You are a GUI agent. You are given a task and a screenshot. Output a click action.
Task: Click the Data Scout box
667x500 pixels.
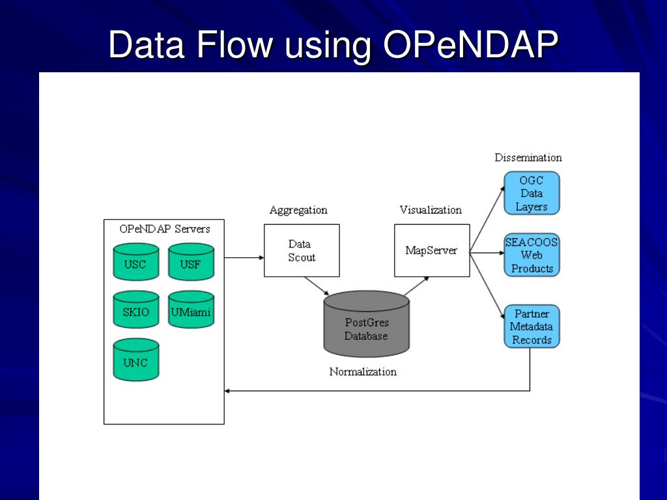(x=302, y=251)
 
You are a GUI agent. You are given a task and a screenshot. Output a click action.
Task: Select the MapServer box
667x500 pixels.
(x=431, y=251)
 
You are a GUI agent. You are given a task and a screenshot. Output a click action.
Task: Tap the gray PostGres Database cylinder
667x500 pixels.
(x=366, y=325)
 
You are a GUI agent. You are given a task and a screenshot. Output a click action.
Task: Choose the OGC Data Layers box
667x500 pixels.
(x=532, y=193)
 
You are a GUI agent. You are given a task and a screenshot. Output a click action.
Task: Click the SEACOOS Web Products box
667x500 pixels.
(x=532, y=255)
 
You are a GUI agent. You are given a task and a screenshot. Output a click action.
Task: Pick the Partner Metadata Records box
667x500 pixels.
(x=532, y=327)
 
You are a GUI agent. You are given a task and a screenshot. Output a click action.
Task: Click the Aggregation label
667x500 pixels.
(x=298, y=210)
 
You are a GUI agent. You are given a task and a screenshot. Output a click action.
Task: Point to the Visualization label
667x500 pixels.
(x=431, y=210)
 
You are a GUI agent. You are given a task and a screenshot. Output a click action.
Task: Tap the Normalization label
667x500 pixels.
(x=363, y=372)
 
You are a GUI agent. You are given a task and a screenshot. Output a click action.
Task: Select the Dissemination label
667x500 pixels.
(x=528, y=158)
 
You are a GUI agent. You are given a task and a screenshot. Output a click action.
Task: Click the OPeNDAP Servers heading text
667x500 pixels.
(x=165, y=229)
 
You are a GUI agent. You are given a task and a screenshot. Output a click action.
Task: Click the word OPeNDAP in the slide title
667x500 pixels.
(x=470, y=46)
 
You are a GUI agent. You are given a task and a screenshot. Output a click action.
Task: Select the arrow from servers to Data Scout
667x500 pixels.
(x=244, y=258)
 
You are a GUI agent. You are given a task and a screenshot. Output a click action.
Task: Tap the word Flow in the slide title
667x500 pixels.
(x=235, y=46)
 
